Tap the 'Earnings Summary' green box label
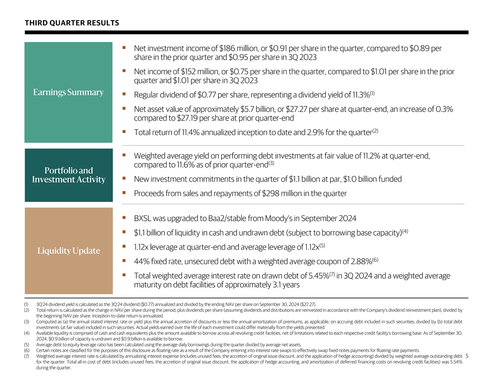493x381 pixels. (68, 92)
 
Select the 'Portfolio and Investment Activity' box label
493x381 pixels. (68, 175)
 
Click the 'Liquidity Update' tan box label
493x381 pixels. (69, 251)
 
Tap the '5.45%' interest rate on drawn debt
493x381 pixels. (316, 276)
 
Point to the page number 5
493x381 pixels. (467, 357)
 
